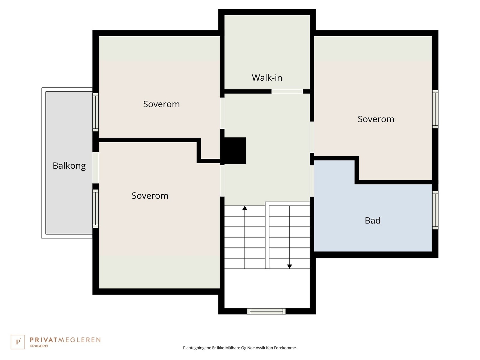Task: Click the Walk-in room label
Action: coord(267,78)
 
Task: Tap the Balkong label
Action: coord(69,166)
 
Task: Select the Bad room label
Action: coord(372,220)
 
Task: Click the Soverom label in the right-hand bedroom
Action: coord(376,119)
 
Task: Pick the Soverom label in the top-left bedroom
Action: coord(161,104)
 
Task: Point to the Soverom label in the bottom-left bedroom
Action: coord(150,196)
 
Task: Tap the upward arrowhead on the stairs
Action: coord(245,208)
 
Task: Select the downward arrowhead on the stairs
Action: coord(289,266)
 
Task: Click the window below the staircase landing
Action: coord(266,311)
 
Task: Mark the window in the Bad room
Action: coord(435,210)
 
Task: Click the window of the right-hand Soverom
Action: coord(435,109)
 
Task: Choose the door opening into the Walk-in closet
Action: coord(287,91)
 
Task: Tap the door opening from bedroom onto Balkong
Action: coord(95,168)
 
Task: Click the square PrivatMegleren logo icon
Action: coord(18,342)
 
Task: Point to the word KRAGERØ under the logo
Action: coord(39,346)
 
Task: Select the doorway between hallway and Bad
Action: coord(312,181)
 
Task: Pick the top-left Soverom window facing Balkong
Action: coord(95,112)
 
